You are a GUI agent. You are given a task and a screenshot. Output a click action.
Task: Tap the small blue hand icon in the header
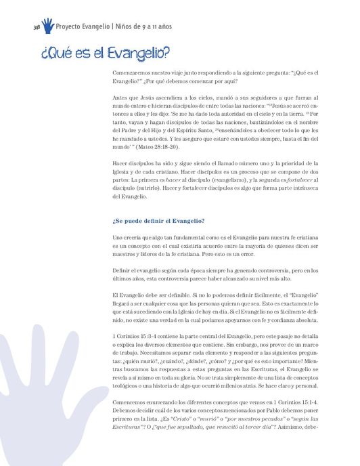tap(47, 26)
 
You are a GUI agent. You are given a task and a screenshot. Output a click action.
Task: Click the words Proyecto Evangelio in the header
tap(83, 26)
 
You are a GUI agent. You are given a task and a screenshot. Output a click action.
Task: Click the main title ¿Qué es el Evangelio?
tap(104, 52)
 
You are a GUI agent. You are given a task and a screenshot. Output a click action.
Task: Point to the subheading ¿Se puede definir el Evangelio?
tap(158, 221)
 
